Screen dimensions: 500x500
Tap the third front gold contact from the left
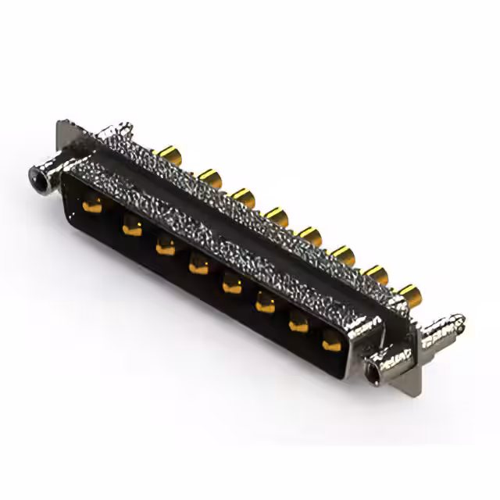coord(165,247)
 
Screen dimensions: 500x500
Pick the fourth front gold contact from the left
coord(198,266)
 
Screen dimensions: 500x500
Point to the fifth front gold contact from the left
coord(232,285)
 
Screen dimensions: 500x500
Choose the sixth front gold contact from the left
coord(266,304)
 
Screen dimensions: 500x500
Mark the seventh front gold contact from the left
coord(299,323)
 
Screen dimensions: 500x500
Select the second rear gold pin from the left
coord(208,177)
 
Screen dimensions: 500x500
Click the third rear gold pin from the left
coord(243,195)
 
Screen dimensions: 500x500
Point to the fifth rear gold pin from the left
coord(310,235)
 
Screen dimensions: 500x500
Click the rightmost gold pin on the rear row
coord(407,294)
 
